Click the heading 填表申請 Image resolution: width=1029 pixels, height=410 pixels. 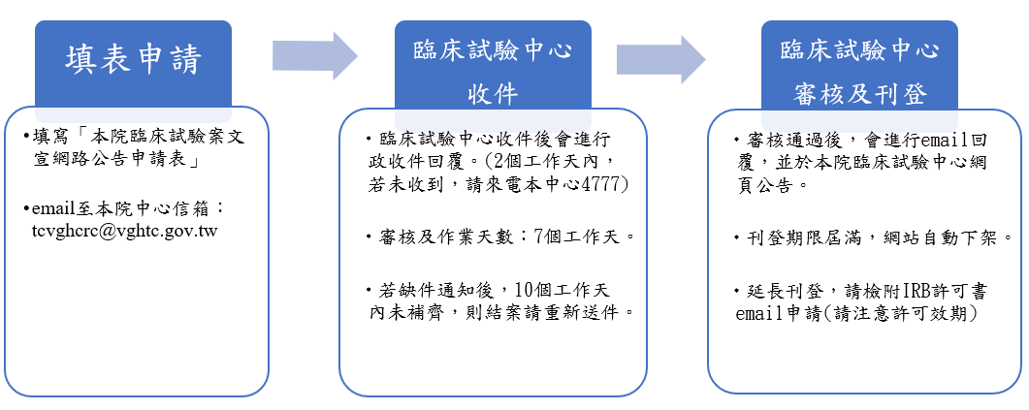[133, 60]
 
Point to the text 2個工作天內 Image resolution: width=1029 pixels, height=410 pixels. [550, 160]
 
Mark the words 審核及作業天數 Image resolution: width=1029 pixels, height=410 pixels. [435, 237]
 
